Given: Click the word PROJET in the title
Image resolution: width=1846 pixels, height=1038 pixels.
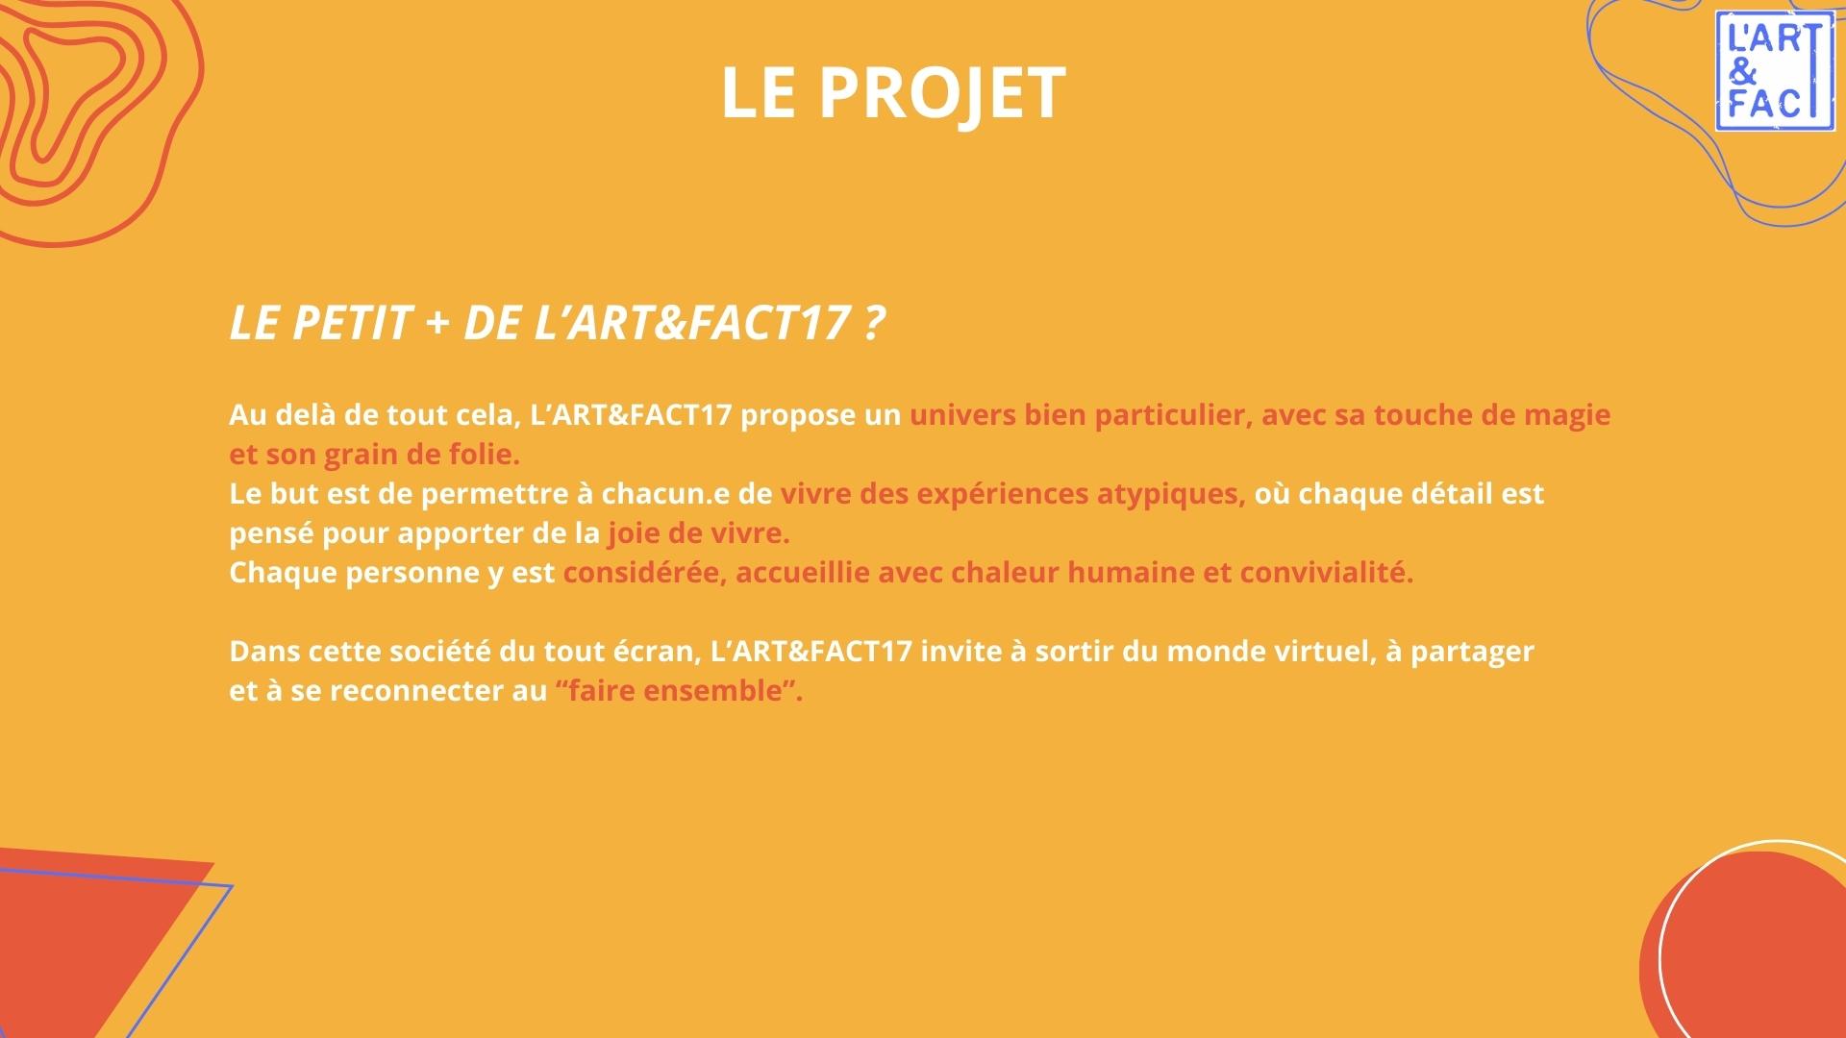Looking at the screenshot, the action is [x=942, y=93].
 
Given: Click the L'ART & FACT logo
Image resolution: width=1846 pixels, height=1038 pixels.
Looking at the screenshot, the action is [x=1774, y=71].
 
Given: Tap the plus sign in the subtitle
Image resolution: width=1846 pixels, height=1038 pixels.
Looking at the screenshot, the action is [x=437, y=323].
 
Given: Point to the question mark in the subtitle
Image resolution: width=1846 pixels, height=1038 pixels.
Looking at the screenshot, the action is [x=873, y=322].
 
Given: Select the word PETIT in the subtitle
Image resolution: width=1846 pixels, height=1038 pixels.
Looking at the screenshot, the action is [x=351, y=322].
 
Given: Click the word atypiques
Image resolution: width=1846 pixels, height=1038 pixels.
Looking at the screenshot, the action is [x=1171, y=495].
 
